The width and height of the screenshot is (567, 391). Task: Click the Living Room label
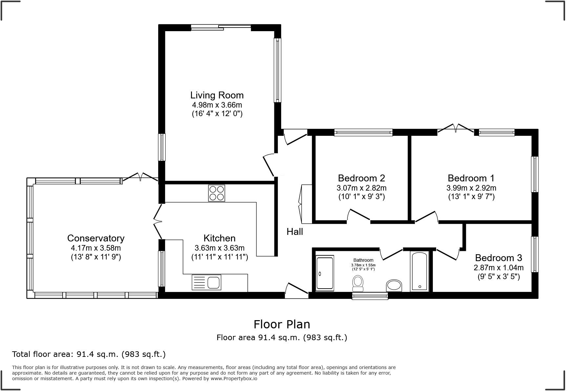pyautogui.click(x=217, y=95)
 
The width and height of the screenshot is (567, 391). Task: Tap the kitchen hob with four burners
pyautogui.click(x=217, y=193)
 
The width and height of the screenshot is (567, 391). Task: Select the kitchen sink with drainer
pyautogui.click(x=206, y=282)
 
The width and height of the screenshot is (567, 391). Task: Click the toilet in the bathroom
pyautogui.click(x=358, y=283)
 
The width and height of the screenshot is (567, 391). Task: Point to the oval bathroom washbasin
pyautogui.click(x=394, y=286)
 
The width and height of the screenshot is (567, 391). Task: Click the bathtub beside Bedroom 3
pyautogui.click(x=420, y=271)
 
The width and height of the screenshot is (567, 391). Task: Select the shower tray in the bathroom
pyautogui.click(x=325, y=273)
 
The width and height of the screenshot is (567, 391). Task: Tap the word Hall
pyautogui.click(x=295, y=232)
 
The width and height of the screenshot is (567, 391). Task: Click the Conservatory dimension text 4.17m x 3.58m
pyautogui.click(x=96, y=248)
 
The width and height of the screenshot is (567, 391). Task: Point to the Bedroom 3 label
pyautogui.click(x=498, y=258)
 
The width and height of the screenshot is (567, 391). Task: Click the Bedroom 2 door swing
pyautogui.click(x=359, y=215)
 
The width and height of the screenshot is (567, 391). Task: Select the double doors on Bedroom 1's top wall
pyautogui.click(x=456, y=129)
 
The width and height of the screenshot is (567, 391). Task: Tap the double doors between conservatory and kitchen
pyautogui.click(x=157, y=221)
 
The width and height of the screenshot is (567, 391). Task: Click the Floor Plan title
pyautogui.click(x=282, y=324)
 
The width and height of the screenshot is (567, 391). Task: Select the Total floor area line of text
pyautogui.click(x=89, y=354)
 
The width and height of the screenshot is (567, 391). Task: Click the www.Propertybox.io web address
pyautogui.click(x=234, y=379)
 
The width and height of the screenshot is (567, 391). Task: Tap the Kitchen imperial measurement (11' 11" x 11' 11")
pyautogui.click(x=220, y=257)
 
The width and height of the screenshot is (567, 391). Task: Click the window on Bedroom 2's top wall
pyautogui.click(x=363, y=133)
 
